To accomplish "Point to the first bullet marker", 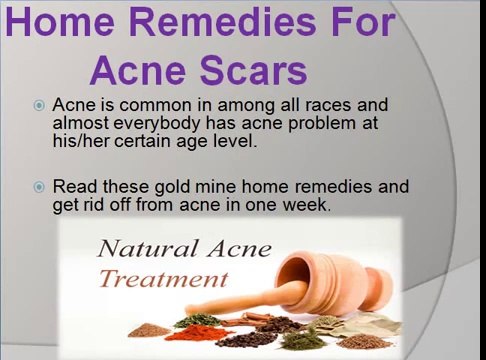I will point(39,105).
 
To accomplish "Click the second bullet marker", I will point(39,187).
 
